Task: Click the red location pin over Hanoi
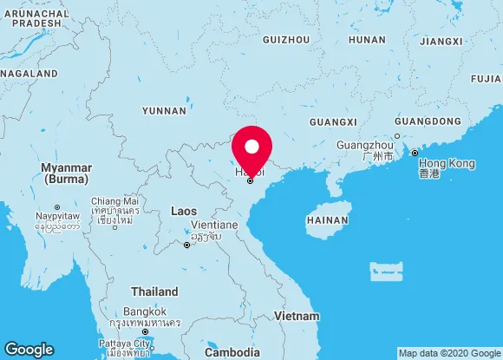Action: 252,147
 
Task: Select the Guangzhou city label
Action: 366,144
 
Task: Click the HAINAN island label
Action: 327,221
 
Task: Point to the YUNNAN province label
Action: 164,111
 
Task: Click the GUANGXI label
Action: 333,121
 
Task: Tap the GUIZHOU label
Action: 285,40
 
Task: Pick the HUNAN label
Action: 367,40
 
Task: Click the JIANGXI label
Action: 441,41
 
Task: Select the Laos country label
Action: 184,211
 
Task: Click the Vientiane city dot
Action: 186,245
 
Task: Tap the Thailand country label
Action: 154,291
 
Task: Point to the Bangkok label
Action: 144,311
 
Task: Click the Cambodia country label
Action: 232,352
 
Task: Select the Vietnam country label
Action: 297,316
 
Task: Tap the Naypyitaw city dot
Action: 57,207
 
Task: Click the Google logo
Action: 29,349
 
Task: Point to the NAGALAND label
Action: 29,75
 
